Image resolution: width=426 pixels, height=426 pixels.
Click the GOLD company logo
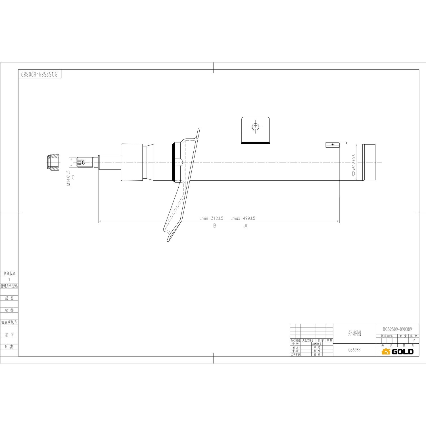(397, 352)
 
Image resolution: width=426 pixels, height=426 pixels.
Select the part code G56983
(354, 350)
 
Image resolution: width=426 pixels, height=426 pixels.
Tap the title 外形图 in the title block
(354, 333)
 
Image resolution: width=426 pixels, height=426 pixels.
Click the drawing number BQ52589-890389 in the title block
(397, 329)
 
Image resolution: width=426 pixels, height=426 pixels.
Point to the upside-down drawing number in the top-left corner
(39, 74)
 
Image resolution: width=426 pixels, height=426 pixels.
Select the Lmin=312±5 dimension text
(211, 218)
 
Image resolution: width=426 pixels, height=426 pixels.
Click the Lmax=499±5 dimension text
(243, 218)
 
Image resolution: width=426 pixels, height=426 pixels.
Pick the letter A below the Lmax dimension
(246, 226)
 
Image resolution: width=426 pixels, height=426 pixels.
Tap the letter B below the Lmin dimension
(215, 226)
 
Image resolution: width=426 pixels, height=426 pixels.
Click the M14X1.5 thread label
(68, 178)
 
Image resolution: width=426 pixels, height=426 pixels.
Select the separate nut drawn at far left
(53, 162)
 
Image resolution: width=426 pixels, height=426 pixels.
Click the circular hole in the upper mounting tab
(255, 127)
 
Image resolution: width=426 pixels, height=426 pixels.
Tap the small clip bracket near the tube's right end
(333, 144)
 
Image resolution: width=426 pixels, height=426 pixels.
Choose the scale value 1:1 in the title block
(414, 340)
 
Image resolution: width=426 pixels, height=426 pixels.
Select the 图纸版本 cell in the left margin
(9, 273)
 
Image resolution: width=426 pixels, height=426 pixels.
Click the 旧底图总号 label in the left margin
(9, 322)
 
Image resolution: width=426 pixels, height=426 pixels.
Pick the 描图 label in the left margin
(9, 298)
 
